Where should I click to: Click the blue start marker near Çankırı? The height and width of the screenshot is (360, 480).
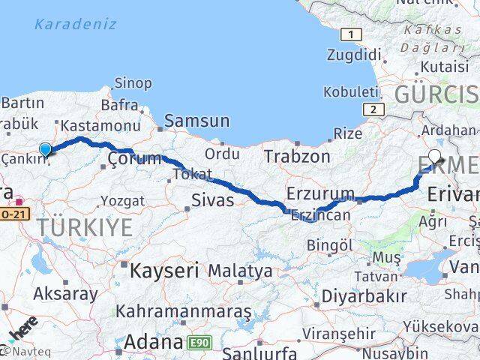(45, 149)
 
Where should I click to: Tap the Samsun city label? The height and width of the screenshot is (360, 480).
(196, 120)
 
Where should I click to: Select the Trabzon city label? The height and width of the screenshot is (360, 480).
(296, 157)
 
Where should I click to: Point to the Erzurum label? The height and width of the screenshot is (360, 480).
(320, 193)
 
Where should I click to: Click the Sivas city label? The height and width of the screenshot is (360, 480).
(213, 200)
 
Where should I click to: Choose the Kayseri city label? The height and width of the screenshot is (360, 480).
(164, 270)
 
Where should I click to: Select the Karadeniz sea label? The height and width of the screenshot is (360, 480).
(75, 24)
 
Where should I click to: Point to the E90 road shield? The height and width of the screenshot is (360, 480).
(200, 343)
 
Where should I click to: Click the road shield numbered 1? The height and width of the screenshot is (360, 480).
(350, 34)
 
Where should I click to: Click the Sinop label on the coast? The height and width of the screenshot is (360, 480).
(133, 83)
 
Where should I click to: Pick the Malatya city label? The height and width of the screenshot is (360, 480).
(240, 271)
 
